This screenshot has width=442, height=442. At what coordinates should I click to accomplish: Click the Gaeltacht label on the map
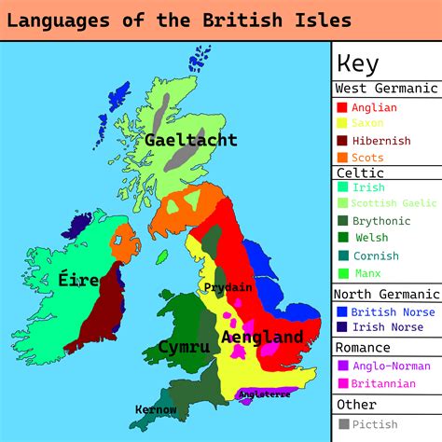(x=190, y=140)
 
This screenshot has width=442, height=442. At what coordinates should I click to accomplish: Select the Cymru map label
(x=183, y=346)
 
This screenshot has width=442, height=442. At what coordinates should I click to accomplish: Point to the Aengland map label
(x=261, y=337)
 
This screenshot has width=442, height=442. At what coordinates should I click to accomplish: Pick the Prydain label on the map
(x=228, y=287)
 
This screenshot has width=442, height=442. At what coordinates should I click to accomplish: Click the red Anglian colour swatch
(x=341, y=108)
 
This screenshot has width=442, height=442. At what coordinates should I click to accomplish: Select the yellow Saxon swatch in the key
(x=341, y=124)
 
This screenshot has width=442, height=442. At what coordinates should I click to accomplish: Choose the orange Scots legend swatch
(x=341, y=158)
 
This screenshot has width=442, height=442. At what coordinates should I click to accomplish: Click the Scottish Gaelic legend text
(x=394, y=204)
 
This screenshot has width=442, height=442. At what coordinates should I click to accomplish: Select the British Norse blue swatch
(x=341, y=311)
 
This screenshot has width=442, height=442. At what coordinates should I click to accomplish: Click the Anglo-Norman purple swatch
(x=341, y=366)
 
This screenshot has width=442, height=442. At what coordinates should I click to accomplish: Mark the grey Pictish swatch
(x=341, y=423)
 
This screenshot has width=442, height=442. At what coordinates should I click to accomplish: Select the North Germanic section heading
(x=386, y=295)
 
